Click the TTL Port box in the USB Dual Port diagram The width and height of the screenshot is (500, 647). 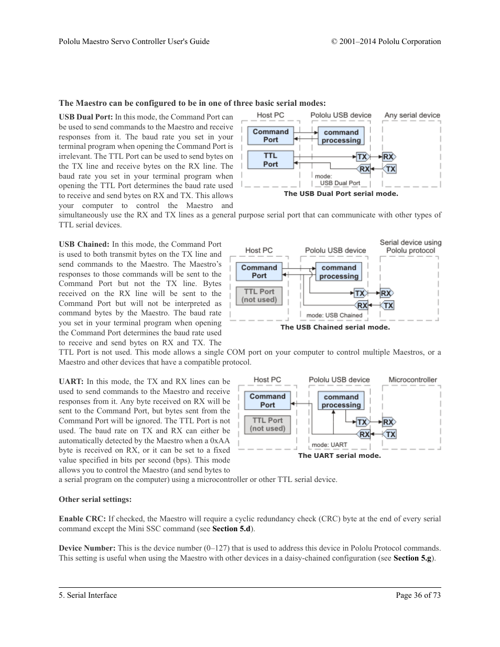[270, 160]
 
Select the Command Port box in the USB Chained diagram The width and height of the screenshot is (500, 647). [259, 271]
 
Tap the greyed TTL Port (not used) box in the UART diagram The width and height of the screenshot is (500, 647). [267, 424]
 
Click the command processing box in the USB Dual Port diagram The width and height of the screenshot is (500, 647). [341, 136]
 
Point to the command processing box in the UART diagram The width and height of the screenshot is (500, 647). [341, 401]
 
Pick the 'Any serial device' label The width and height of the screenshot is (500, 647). [412, 115]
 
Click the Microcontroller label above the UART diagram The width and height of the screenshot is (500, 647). [412, 380]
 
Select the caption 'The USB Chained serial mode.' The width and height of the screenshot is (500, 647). [335, 327]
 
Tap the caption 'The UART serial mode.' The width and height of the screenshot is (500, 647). [339, 456]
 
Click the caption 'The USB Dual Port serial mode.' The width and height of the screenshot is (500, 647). [341, 194]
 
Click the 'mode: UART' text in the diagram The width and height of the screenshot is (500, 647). [329, 445]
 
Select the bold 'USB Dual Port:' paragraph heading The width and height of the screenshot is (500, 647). [86, 117]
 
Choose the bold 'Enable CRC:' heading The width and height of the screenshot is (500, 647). [82, 519]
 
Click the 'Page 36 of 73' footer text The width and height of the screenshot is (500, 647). [418, 595]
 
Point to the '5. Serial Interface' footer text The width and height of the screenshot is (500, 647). [88, 595]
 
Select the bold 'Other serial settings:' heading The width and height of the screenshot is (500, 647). [95, 499]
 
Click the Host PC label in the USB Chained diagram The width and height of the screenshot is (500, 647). [259, 250]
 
